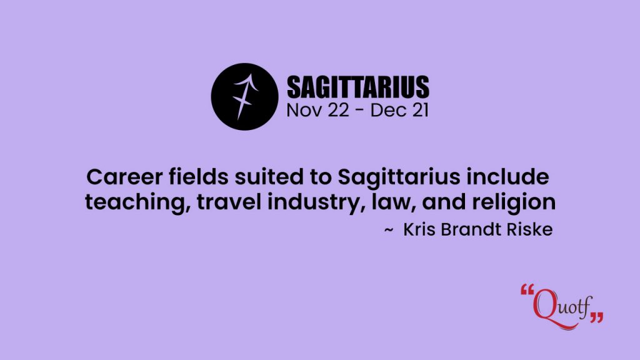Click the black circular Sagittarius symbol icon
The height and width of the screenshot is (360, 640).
click(244, 97)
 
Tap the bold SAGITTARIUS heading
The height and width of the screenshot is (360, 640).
click(358, 87)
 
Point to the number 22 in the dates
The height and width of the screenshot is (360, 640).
click(338, 110)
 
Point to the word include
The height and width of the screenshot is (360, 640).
click(507, 177)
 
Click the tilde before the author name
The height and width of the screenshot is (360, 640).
click(389, 231)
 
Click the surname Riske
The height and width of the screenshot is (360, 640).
click(530, 229)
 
